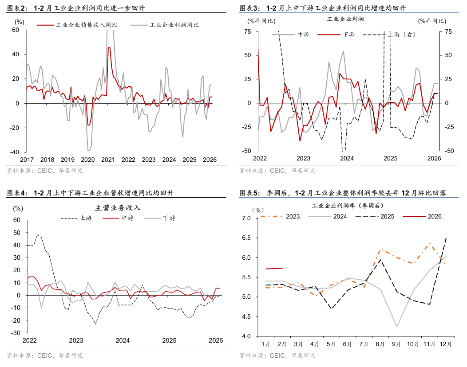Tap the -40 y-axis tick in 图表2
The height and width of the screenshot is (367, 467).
click(16, 152)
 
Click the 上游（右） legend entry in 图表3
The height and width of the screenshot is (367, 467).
click(402, 34)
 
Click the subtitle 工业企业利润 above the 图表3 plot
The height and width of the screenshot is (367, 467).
click(345, 20)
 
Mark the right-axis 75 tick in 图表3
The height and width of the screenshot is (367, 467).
click(449, 31)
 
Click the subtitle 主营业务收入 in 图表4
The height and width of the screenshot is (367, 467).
click(118, 207)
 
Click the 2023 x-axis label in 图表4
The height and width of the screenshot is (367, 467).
click(76, 340)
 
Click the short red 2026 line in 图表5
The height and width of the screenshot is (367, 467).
click(274, 268)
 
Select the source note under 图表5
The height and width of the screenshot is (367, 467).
click(277, 355)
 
